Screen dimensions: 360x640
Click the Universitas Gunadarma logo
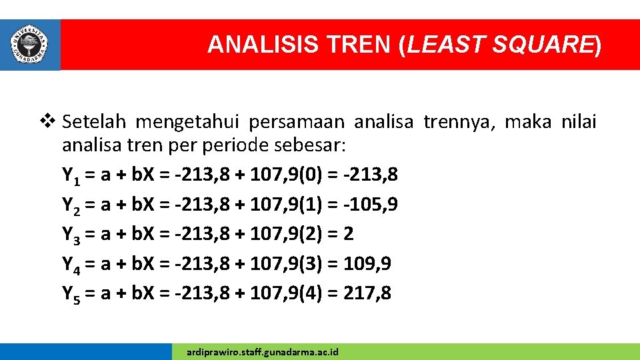click(x=29, y=44)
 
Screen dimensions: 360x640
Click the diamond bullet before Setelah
click(x=50, y=122)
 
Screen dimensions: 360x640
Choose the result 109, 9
click(x=367, y=263)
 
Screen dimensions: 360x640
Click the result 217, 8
click(x=367, y=292)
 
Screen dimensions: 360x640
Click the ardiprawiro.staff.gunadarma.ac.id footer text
click(x=263, y=351)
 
